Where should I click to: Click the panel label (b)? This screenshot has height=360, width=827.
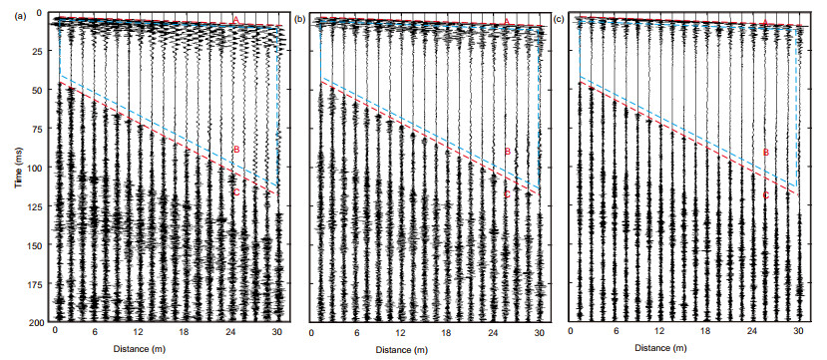(299, 20)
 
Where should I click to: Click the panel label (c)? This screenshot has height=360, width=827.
(559, 20)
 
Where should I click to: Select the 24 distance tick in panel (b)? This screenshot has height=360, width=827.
(493, 333)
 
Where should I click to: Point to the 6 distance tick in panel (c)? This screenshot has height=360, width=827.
(615, 332)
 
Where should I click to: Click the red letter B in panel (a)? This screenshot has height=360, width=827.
(236, 150)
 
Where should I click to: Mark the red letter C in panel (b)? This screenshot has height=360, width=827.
(508, 194)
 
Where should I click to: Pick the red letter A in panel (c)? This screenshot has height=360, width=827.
(765, 22)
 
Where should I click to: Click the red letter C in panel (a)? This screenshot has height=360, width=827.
(236, 192)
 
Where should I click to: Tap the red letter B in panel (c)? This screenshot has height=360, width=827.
(766, 152)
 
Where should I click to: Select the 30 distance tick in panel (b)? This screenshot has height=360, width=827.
(539, 333)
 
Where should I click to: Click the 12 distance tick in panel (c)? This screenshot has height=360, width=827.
(659, 332)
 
